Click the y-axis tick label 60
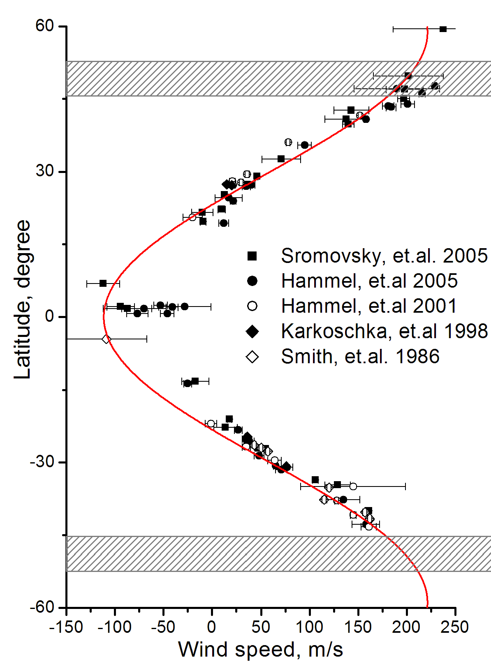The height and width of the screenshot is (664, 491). click(x=44, y=26)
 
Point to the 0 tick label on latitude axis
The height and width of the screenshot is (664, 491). click(x=50, y=317)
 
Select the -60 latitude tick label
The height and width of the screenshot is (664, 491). click(x=42, y=607)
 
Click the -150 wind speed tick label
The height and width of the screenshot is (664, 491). click(x=66, y=627)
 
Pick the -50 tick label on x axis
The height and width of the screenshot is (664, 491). click(x=163, y=627)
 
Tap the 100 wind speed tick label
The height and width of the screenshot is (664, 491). click(x=309, y=627)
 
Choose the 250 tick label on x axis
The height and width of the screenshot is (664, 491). click(x=455, y=627)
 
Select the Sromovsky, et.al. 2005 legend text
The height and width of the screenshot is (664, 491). click(x=384, y=256)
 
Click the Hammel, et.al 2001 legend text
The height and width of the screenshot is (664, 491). click(x=369, y=306)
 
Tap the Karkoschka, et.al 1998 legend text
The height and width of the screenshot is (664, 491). click(x=384, y=331)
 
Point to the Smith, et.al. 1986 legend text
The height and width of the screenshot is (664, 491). click(x=360, y=357)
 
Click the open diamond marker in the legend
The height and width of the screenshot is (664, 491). click(x=252, y=357)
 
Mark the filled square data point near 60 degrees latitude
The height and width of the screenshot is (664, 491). click(x=443, y=29)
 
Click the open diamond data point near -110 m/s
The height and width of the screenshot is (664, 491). click(x=106, y=339)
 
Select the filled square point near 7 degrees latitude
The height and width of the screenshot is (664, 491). click(x=103, y=284)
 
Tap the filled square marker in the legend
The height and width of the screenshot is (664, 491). click(x=252, y=256)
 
